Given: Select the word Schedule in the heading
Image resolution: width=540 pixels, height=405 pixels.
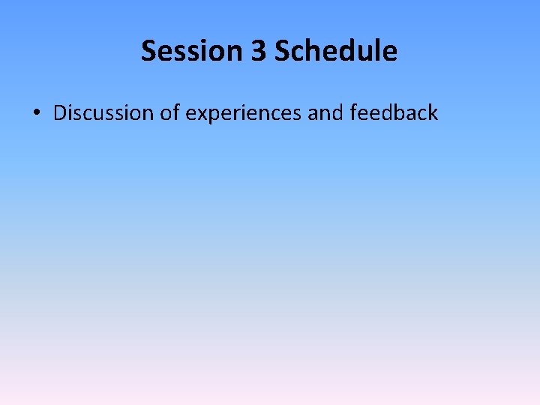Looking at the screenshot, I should (336, 51).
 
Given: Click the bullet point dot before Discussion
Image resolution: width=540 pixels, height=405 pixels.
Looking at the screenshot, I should (36, 114).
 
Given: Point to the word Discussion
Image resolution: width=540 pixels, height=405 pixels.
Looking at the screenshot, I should (104, 113).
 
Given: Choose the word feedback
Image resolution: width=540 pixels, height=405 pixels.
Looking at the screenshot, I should (394, 113).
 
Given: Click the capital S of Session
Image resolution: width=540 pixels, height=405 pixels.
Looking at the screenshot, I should (148, 51).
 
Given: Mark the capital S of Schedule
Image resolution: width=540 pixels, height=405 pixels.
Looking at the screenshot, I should (282, 51).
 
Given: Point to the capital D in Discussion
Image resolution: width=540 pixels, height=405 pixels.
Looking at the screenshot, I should (61, 113).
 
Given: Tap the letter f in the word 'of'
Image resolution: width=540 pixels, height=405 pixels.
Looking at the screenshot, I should (175, 113).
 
